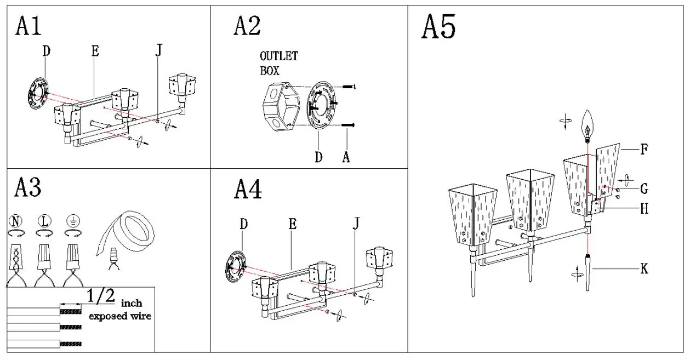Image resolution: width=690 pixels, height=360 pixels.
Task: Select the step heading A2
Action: point(247,26)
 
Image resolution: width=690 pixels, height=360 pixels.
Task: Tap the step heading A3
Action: point(28,188)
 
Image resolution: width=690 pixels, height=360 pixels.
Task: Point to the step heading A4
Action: point(248,189)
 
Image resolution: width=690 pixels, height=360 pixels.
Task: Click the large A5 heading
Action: point(438,27)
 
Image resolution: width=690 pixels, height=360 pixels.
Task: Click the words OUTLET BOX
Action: point(278,63)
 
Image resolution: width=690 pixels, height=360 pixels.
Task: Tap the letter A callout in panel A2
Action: point(346,157)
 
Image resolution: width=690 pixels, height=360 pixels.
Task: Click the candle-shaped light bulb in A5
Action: point(588,124)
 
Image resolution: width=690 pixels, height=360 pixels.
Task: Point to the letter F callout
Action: point(644,148)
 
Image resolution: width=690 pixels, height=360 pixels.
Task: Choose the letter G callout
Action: point(644,189)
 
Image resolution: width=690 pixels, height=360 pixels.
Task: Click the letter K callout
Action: point(645,268)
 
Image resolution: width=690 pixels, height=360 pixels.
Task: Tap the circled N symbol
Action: point(16,221)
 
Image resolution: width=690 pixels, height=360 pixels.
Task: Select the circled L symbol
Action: point(44,221)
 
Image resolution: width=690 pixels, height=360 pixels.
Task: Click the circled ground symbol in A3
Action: point(72,221)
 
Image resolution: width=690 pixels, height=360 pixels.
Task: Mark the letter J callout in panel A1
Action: point(159,51)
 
